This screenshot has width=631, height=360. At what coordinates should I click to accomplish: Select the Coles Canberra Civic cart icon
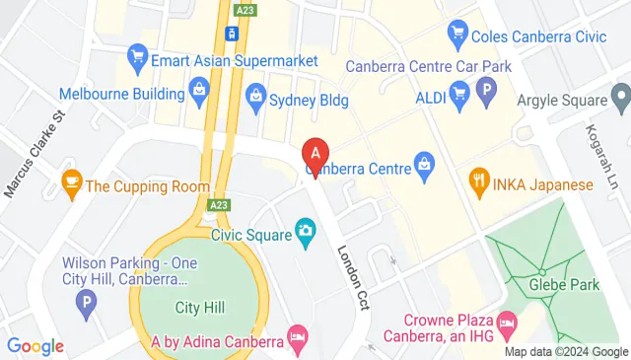(x=456, y=34)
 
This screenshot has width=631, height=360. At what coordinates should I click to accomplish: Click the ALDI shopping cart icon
(x=457, y=94)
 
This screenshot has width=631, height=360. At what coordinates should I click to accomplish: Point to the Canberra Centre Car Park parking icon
(x=485, y=94)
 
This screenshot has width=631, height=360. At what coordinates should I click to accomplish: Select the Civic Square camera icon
(x=306, y=233)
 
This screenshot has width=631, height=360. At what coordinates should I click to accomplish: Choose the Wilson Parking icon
(x=87, y=303)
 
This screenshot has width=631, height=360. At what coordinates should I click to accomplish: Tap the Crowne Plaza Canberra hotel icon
(x=507, y=323)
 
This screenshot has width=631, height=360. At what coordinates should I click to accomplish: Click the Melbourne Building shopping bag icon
(x=200, y=94)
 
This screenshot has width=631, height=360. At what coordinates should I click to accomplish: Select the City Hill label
(x=199, y=308)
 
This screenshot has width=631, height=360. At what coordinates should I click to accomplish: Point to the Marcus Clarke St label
(x=33, y=153)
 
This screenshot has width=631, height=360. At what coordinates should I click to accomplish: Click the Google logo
(x=35, y=345)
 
